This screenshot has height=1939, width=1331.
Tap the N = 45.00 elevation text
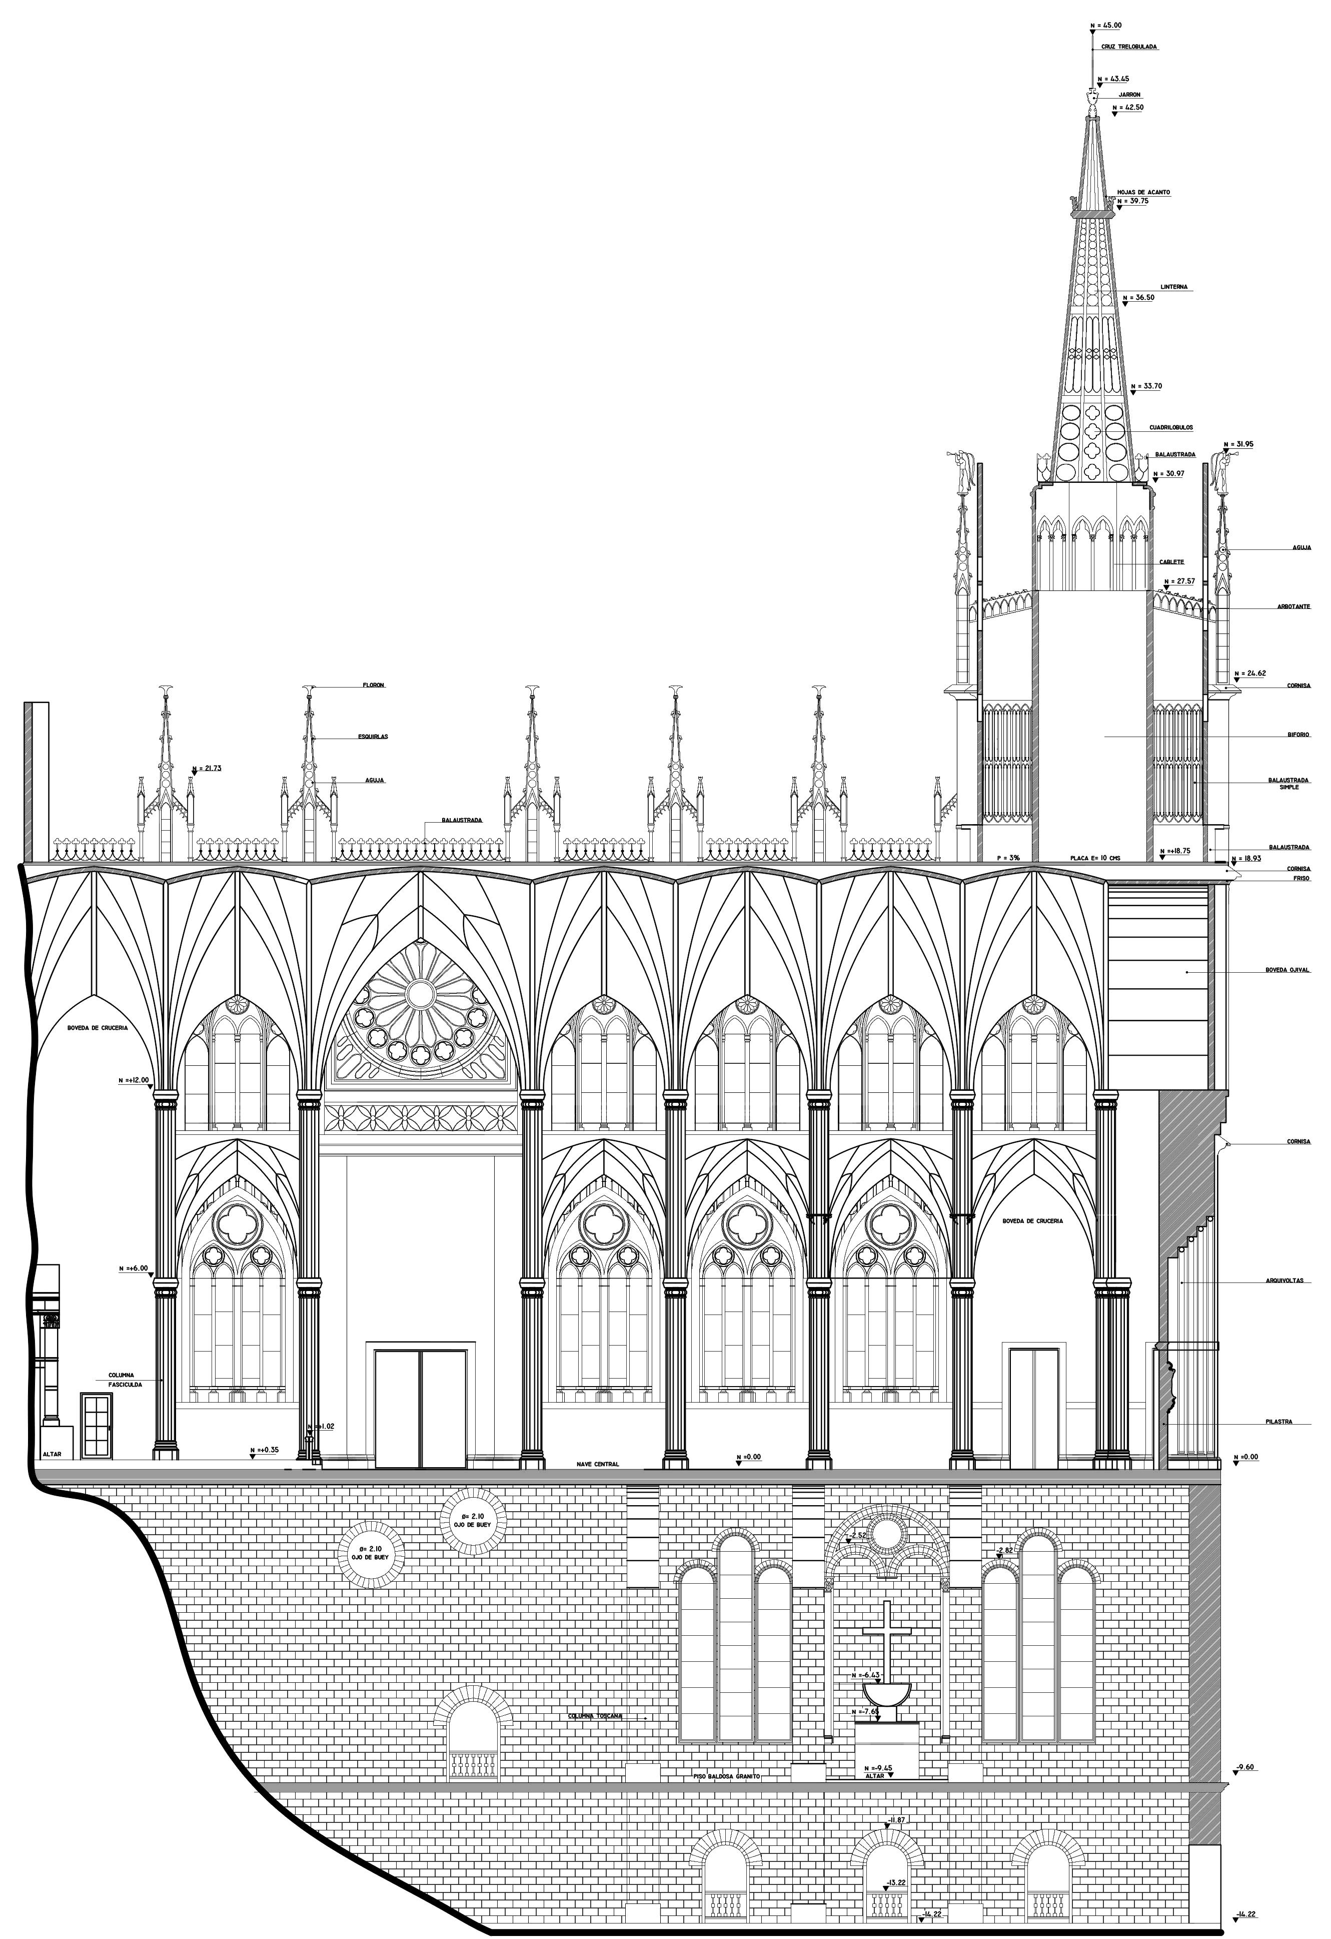point(1106,26)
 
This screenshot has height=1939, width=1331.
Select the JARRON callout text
point(1129,95)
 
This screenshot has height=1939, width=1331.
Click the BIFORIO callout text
point(1298,735)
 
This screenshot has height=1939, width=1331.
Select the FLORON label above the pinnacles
point(373,685)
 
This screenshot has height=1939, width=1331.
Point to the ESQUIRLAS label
point(373,737)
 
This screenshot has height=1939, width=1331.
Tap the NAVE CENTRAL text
point(597,1464)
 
